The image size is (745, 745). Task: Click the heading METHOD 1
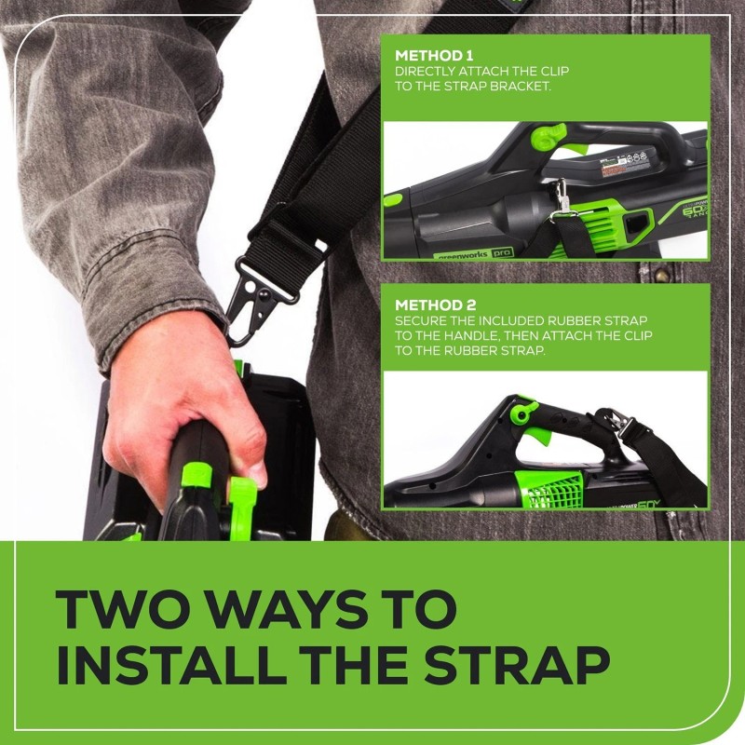coord(433,54)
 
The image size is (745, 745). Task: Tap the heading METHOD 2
coord(434,305)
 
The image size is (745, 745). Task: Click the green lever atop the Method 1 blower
coord(548,138)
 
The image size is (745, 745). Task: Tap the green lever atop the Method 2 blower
coord(524,410)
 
